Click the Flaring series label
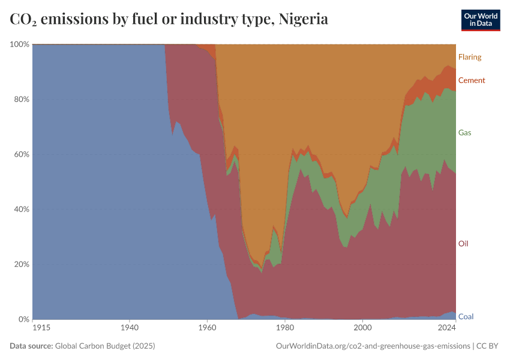coord(470,57)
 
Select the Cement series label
coord(472,80)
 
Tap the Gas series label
coord(464,133)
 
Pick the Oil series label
coord(463,244)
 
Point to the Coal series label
coord(466,316)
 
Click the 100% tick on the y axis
coord(19,44)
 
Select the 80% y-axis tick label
coord(21,100)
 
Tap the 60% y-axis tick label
coord(21,154)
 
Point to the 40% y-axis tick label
coord(21,209)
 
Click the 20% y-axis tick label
coord(21,265)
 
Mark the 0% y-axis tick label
coord(23,319)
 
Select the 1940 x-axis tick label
coord(130,328)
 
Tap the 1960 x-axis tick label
coord(207,328)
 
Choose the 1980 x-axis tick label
coord(285,328)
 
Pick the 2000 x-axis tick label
coord(362,328)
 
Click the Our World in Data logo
coord(481,20)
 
